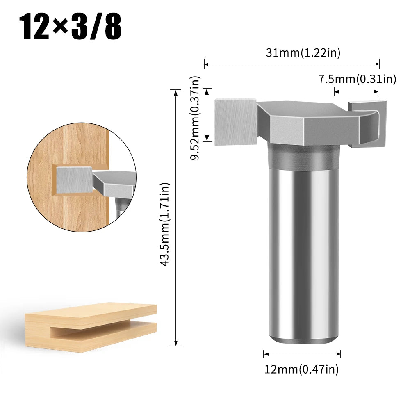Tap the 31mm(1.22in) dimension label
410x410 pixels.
(303, 52)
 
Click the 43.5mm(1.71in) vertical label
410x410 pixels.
(166, 225)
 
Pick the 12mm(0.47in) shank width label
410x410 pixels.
(301, 370)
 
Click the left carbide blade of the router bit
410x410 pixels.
(235, 121)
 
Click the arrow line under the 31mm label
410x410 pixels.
(292, 64)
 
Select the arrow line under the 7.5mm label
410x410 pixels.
(356, 91)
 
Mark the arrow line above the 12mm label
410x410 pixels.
(302, 354)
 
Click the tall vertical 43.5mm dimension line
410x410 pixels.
(176, 217)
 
